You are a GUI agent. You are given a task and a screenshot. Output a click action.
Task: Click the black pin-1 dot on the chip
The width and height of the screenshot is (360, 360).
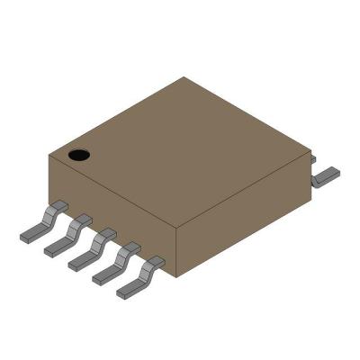click(x=80, y=155)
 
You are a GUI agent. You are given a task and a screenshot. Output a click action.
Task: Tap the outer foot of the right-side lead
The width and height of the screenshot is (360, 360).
click(x=330, y=173)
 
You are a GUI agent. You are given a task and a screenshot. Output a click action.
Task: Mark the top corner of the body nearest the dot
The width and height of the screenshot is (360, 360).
click(x=49, y=156)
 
